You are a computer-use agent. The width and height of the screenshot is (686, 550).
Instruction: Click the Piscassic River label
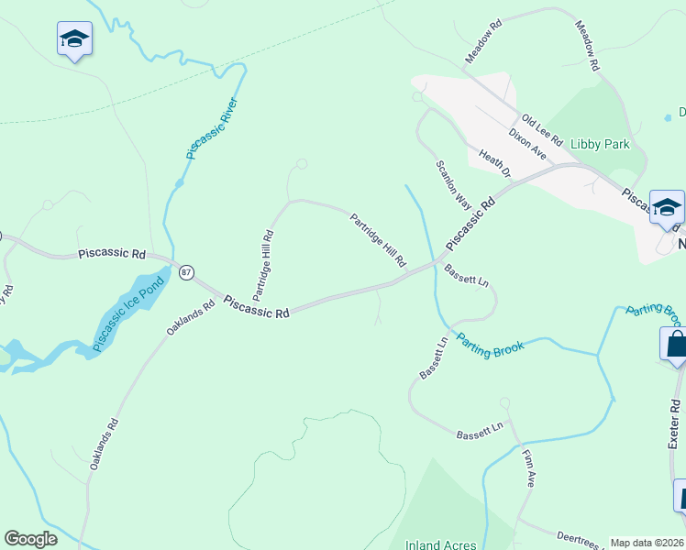(x=212, y=129)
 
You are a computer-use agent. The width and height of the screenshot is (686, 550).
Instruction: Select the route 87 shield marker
(x=187, y=271)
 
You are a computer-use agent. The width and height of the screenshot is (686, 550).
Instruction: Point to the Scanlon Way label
(x=452, y=184)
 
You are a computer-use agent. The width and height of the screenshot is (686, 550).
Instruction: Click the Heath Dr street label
(x=494, y=163)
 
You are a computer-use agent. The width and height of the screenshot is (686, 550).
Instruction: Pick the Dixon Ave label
(x=527, y=144)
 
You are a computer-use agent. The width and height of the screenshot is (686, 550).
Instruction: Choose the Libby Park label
(x=600, y=145)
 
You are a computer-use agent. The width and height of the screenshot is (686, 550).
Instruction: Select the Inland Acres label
(x=440, y=544)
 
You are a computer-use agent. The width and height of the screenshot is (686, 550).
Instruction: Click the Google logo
(x=30, y=539)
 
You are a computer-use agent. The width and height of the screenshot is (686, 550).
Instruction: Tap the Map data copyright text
(x=647, y=543)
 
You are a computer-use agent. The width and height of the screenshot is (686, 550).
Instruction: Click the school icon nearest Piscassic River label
(x=73, y=39)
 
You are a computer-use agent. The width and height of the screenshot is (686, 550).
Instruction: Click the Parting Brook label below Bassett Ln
(x=490, y=343)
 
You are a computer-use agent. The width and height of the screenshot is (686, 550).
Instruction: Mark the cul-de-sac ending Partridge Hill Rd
(x=299, y=165)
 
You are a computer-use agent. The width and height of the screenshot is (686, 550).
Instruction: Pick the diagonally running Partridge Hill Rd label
(x=377, y=240)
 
